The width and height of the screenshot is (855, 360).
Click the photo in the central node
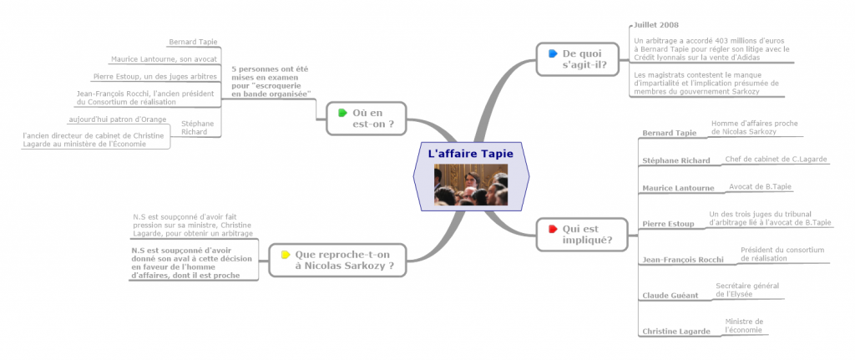click(x=471, y=185)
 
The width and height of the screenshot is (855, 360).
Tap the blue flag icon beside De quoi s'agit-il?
click(x=552, y=53)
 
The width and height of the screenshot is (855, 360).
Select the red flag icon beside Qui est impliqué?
click(x=552, y=228)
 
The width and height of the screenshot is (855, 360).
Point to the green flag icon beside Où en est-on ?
click(x=341, y=113)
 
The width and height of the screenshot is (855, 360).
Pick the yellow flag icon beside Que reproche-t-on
click(x=286, y=254)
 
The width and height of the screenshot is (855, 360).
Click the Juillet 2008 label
click(x=656, y=25)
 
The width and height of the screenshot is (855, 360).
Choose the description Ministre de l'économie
click(x=744, y=325)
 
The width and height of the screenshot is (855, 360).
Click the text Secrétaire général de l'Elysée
click(x=747, y=290)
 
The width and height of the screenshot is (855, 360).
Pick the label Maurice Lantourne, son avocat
click(x=164, y=59)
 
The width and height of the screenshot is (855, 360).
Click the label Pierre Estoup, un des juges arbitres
click(x=156, y=77)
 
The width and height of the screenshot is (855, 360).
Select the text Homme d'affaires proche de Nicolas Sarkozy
click(x=754, y=128)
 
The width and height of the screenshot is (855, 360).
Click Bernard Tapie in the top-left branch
click(x=193, y=42)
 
